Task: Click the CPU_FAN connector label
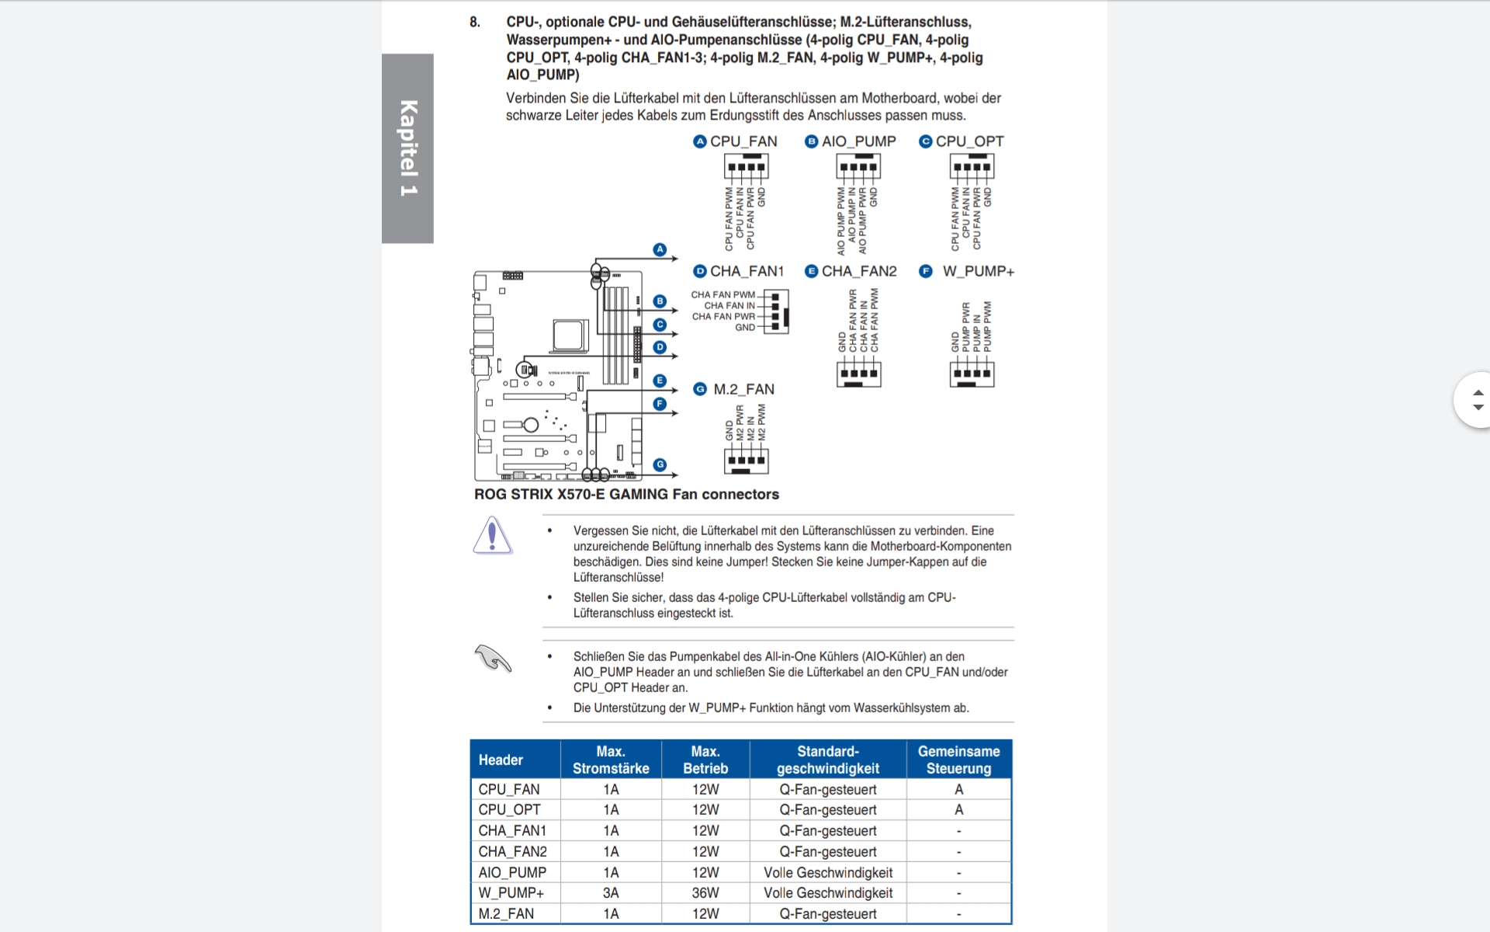point(743,141)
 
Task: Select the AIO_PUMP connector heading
point(858,141)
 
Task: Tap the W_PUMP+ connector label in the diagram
point(978,271)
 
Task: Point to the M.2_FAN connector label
point(743,389)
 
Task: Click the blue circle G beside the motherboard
point(660,464)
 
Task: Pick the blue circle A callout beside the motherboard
point(660,249)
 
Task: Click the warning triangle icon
point(492,536)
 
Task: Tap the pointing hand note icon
point(493,659)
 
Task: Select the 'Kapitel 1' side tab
point(407,148)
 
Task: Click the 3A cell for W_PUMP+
point(611,893)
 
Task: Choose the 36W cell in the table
point(705,893)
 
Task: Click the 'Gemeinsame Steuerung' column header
point(958,760)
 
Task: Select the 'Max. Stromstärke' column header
point(611,760)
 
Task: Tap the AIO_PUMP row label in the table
point(512,872)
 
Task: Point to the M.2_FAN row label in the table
point(506,914)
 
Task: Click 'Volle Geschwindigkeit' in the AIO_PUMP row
point(828,872)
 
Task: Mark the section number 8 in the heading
point(474,22)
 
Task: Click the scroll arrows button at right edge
point(1477,400)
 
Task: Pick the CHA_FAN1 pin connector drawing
point(776,311)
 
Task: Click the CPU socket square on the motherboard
point(570,336)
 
